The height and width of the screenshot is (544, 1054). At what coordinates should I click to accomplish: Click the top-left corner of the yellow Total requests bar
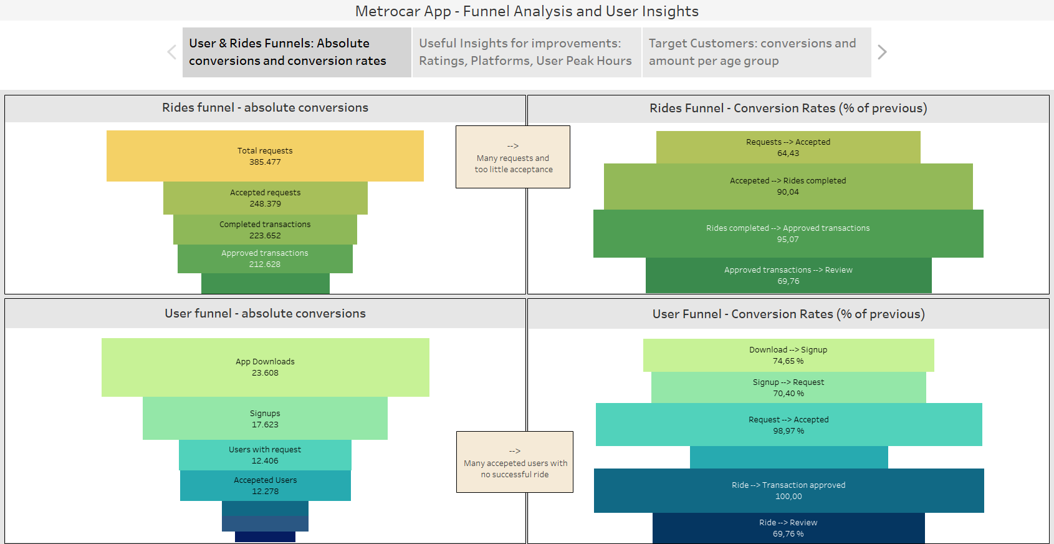(x=107, y=131)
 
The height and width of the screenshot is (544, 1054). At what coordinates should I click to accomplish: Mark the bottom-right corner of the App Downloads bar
(x=429, y=397)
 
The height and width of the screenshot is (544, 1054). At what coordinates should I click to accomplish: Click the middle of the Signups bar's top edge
(x=265, y=397)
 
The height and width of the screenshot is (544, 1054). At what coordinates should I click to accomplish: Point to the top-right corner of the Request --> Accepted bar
(x=982, y=403)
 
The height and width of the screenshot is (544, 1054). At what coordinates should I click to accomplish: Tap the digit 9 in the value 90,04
(x=779, y=192)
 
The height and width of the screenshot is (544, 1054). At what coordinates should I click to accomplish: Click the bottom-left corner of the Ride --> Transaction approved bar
(x=594, y=512)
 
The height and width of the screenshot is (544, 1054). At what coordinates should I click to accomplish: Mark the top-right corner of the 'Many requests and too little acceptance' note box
(x=570, y=126)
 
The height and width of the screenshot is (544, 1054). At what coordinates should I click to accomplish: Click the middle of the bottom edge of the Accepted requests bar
(x=266, y=215)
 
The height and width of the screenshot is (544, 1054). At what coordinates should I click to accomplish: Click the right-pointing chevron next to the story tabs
(x=882, y=52)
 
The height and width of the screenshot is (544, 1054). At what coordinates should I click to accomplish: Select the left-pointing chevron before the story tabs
(x=172, y=52)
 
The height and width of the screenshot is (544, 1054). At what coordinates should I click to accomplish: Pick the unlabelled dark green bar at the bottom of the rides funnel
(x=266, y=283)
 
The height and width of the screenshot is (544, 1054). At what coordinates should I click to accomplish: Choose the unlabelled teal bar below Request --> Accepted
(x=788, y=457)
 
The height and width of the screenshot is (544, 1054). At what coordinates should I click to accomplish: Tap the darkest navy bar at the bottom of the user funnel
(x=265, y=537)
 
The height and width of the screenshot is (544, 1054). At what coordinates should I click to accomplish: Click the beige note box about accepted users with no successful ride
(x=515, y=462)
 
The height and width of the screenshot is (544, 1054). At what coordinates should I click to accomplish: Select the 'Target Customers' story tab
(x=757, y=52)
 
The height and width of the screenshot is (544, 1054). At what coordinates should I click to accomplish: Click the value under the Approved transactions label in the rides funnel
(x=265, y=265)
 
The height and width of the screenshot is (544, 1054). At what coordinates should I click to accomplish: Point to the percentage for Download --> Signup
(x=788, y=361)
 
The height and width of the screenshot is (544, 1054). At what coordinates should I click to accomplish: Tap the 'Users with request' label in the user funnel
(x=265, y=450)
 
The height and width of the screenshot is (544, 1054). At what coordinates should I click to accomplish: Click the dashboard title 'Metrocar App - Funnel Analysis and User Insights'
(x=527, y=11)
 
